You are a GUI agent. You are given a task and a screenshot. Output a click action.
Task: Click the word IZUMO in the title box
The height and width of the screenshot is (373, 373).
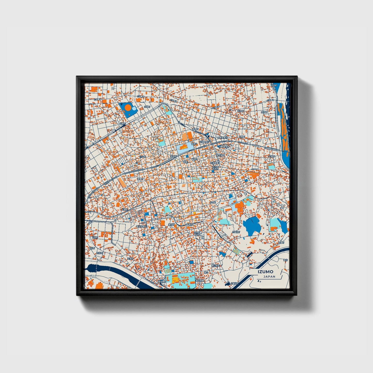tap(265, 272)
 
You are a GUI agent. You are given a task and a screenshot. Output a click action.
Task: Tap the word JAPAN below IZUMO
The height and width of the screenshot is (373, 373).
tap(269, 276)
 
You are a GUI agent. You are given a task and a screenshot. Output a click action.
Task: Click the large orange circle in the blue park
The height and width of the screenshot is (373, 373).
tap(128, 107)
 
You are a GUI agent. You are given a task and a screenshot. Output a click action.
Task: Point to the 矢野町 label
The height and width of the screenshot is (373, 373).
tap(122, 124)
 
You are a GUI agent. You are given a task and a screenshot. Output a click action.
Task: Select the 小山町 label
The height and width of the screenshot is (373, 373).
tap(142, 156)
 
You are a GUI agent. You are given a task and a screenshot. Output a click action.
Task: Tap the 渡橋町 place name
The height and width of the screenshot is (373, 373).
tap(140, 179)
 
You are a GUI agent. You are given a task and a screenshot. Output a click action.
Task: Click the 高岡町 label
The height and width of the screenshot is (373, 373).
tap(195, 129)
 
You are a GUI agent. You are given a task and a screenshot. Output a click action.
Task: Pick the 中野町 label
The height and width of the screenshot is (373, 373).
tap(242, 137)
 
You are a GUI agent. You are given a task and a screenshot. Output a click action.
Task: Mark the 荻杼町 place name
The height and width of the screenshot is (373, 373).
tap(241, 111)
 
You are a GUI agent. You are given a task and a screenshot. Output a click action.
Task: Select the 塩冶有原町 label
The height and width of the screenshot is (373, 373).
tap(141, 226)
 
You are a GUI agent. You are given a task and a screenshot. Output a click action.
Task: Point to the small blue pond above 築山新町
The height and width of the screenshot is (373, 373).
tap(222, 254)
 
